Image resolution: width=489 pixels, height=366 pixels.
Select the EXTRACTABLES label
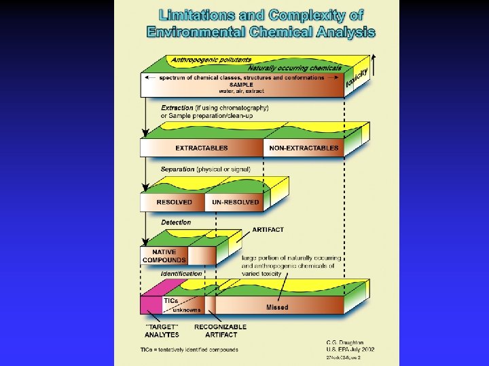pos(202,148)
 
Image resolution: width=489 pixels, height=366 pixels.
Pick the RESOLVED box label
pos(175,202)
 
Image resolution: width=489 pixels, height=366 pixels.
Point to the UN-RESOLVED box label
pos(236,202)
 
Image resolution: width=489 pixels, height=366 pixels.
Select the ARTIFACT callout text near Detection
pos(268,230)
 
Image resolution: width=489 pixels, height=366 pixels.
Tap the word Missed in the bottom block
pos(277,307)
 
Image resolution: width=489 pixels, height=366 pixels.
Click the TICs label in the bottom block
pos(170,300)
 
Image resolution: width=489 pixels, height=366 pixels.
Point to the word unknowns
pos(187,310)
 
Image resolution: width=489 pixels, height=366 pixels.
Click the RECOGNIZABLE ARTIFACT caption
pos(221,330)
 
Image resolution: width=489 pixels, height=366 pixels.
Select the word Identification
pos(181,274)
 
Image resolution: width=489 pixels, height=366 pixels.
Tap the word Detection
pos(176,222)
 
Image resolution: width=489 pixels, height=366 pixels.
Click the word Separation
pos(177,169)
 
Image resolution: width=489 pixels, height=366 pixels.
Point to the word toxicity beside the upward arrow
pos(357,79)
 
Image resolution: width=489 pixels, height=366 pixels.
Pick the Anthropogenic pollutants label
pos(211,60)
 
